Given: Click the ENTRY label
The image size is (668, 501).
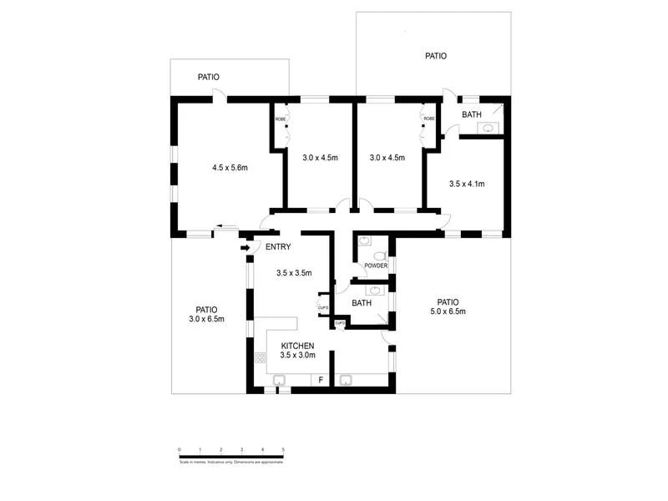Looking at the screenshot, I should coord(278,247).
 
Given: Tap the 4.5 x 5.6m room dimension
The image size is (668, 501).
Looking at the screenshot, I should coord(230,168).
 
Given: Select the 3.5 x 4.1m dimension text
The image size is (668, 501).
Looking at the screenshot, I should coord(467,184).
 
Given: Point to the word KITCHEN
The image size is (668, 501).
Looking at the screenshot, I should coord(297,346).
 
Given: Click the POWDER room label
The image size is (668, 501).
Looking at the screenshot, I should coord(375,266).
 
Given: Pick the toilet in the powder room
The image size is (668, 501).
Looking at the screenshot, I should coord(379,256).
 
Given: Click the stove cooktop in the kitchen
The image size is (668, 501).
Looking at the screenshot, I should coord(260,359).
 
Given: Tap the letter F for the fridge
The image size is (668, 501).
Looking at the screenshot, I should coord(321,381).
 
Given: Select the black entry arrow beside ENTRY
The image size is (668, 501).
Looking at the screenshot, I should coord(245,247).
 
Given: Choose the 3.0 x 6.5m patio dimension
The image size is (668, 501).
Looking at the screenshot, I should coord(206,318).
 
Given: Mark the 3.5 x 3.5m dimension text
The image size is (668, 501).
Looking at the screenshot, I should coord(294,272).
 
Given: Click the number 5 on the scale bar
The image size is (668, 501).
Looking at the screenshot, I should coord(284,450).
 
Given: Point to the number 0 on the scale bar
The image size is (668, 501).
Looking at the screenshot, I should coord(180,450).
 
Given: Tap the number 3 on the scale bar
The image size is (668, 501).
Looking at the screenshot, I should coord(242,450).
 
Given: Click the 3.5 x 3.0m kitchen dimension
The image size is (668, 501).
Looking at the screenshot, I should coord(297,355).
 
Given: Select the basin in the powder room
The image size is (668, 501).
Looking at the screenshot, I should coord(365,241).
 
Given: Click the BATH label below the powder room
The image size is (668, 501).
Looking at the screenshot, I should coord(362,303).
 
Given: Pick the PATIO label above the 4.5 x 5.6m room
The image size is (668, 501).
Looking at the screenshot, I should coord(209,77).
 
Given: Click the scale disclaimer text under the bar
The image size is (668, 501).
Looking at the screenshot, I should coord(231,461).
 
